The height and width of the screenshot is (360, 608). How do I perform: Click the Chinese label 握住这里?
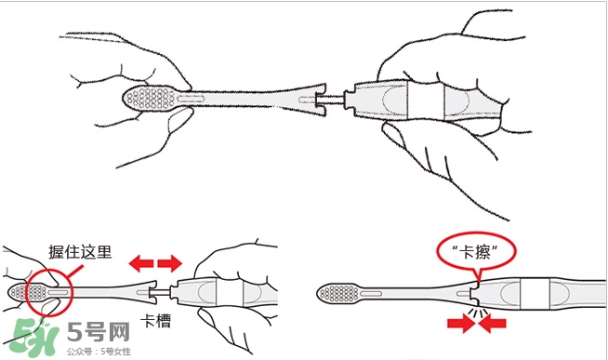[80, 252]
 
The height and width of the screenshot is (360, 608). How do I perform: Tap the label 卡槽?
[155, 321]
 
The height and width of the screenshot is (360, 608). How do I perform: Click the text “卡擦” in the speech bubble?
[477, 252]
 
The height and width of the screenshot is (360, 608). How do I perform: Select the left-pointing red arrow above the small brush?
[141, 263]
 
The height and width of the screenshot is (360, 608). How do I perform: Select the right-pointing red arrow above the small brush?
[170, 263]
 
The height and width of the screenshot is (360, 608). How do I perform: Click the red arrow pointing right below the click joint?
[460, 323]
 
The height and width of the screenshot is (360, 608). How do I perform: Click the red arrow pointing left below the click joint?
[493, 323]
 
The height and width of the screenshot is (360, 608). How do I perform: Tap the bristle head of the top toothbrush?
[150, 99]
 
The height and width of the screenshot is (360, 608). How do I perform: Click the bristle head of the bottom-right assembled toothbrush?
[339, 293]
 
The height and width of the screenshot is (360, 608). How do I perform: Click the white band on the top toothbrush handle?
[426, 100]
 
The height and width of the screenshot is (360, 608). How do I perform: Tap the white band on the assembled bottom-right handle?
[535, 294]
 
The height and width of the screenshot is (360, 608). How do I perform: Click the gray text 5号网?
[99, 332]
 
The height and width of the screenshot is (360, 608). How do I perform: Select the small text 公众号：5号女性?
[99, 352]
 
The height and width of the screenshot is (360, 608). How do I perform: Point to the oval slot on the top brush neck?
[191, 99]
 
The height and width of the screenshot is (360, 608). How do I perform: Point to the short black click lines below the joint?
[477, 312]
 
